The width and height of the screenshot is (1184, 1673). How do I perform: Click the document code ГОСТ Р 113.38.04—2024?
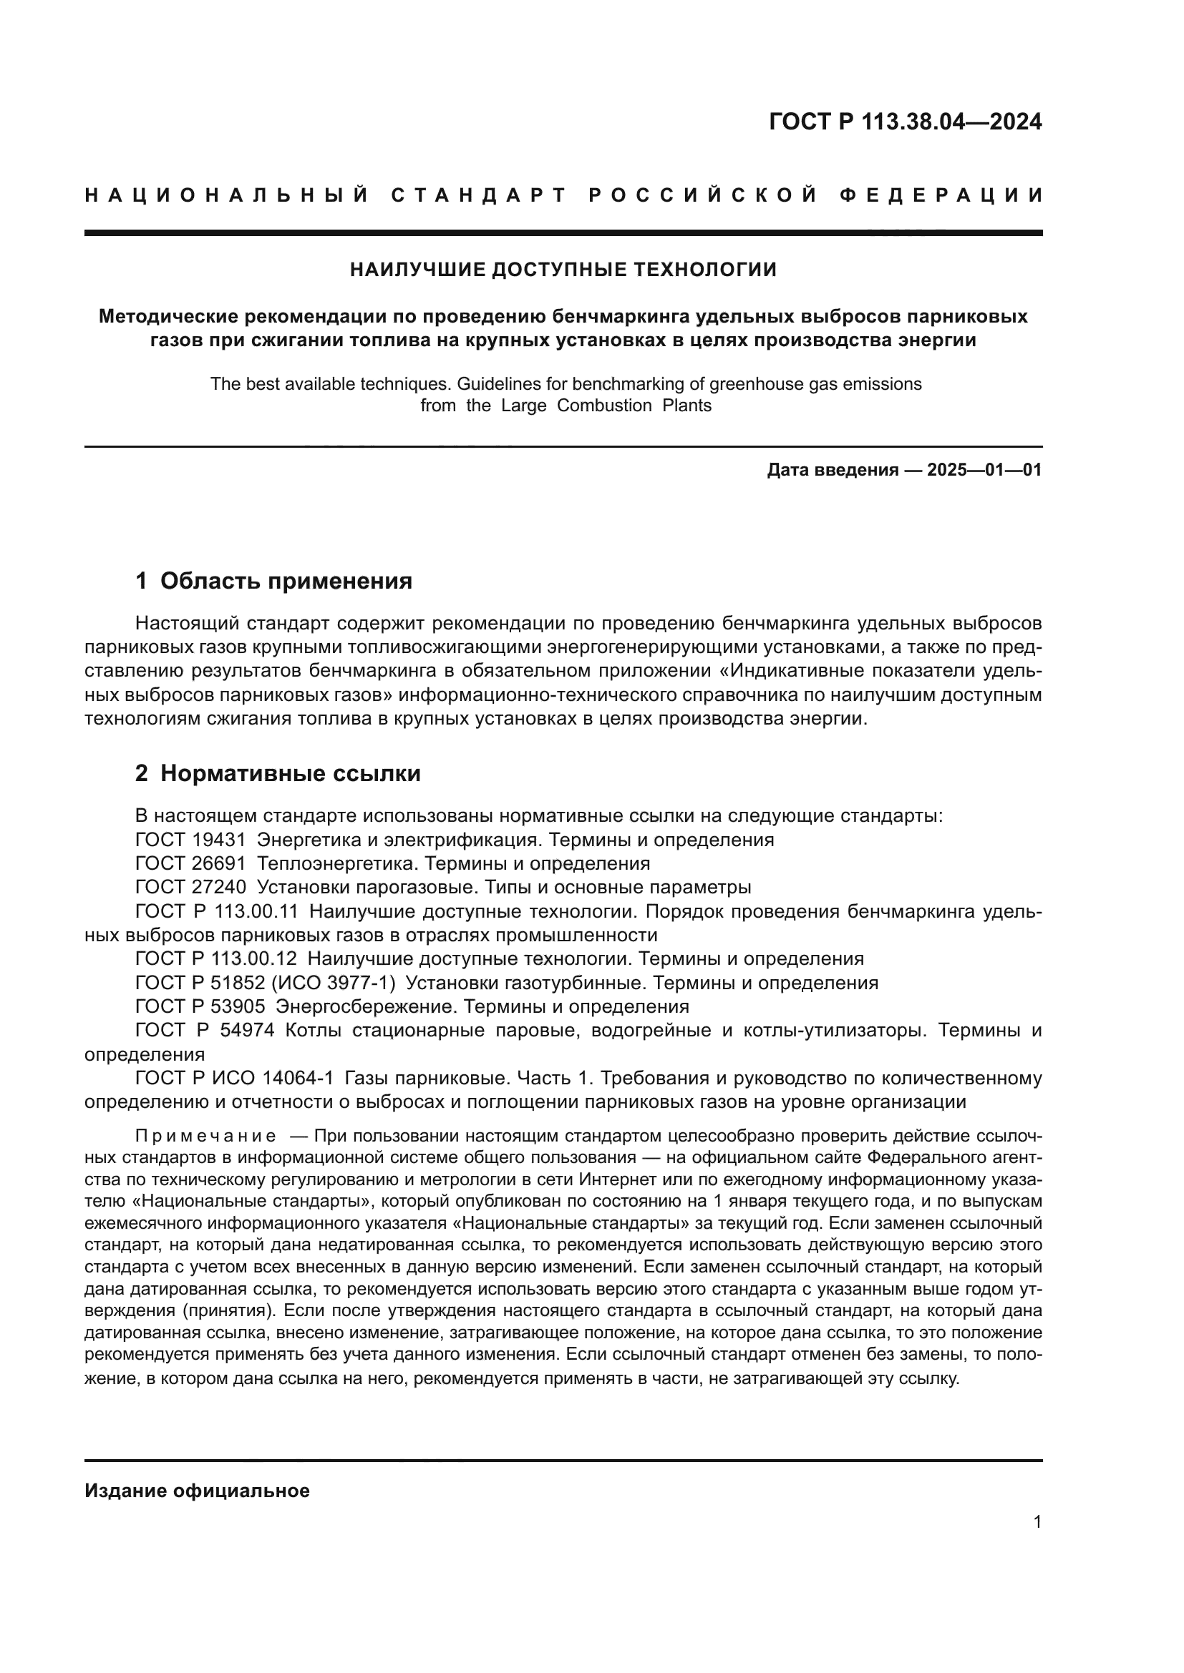coord(905,122)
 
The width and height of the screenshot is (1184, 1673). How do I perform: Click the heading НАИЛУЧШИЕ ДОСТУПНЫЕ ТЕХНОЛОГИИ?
coord(563,270)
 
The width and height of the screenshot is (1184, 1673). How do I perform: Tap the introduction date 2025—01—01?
coord(984,470)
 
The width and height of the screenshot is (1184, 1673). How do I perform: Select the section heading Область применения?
coord(286,582)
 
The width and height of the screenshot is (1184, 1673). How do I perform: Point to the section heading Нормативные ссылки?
coord(290,774)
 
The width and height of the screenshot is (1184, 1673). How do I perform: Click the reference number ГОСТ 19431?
coord(191,840)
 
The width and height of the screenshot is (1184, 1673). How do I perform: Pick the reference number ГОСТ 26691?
coord(191,864)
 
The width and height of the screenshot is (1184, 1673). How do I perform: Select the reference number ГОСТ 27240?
coord(191,888)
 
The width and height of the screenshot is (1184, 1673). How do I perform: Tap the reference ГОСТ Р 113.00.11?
coord(216,911)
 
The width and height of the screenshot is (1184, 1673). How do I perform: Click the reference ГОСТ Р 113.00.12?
coord(216,959)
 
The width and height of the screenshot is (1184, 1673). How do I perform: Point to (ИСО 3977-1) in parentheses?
coord(333,983)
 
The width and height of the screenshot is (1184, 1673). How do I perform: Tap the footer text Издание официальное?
coord(197,1491)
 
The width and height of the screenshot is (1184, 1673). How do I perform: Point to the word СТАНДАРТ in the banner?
coord(478,195)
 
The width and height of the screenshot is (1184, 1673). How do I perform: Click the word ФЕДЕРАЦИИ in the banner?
coord(941,195)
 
